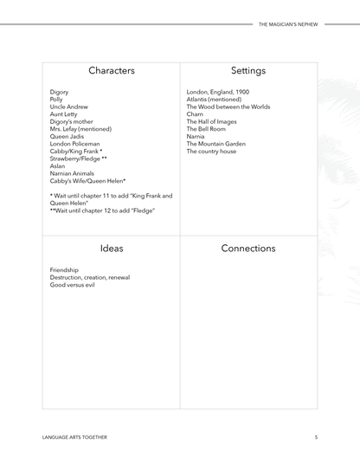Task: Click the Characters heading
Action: (111, 70)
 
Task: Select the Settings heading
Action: (248, 70)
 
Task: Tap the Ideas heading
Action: (111, 249)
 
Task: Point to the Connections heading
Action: (248, 249)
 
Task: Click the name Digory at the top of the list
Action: (59, 92)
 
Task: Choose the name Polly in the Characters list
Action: (56, 100)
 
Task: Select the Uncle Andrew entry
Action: (69, 107)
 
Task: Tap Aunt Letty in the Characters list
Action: (63, 114)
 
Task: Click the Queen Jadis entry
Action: (67, 136)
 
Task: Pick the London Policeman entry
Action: (74, 144)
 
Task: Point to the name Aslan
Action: (57, 166)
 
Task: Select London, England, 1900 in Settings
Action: (218, 92)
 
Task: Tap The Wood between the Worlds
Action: (228, 107)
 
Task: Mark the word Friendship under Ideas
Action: (64, 269)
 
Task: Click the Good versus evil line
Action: (73, 284)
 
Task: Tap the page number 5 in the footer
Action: (316, 437)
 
